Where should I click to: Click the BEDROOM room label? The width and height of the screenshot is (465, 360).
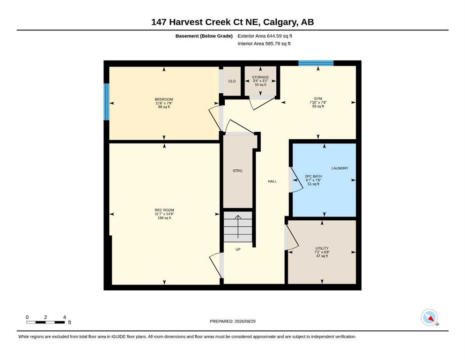click(x=164, y=99)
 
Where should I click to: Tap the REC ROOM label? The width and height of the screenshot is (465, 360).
click(x=164, y=210)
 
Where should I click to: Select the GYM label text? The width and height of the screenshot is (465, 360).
click(x=318, y=98)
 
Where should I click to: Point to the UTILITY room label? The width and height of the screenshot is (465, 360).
click(x=322, y=248)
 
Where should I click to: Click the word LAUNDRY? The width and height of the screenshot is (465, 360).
click(x=340, y=168)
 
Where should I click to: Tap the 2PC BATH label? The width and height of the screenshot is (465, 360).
click(x=313, y=176)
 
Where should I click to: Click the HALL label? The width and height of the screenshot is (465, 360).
click(x=272, y=181)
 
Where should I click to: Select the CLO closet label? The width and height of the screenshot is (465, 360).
click(x=232, y=81)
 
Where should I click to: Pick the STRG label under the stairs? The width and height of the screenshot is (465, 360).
click(x=237, y=171)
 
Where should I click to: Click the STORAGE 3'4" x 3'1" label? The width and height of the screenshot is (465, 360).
click(x=260, y=81)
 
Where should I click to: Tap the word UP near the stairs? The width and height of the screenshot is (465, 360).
click(x=238, y=249)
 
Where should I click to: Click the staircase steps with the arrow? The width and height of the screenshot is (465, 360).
click(x=238, y=227)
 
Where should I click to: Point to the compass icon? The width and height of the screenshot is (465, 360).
click(x=429, y=317)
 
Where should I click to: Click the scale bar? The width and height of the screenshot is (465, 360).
click(x=46, y=322)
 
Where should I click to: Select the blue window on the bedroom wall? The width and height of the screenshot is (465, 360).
click(x=106, y=102)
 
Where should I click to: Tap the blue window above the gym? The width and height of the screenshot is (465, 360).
click(x=316, y=63)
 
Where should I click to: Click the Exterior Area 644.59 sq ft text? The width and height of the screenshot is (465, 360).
click(x=265, y=36)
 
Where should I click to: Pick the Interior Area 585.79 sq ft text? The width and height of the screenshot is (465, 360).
click(x=264, y=44)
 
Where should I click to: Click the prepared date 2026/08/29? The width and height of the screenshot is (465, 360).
click(x=245, y=322)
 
